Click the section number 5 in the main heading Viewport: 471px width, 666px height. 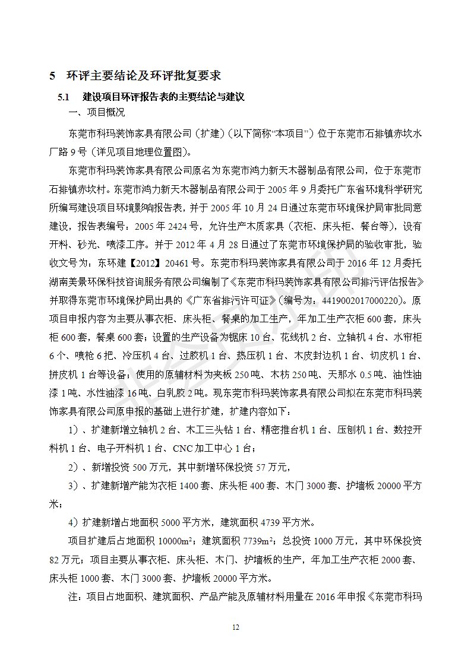pos(52,75)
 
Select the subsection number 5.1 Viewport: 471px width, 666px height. pos(63,96)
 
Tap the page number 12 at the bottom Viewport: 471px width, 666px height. pos(236,627)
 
